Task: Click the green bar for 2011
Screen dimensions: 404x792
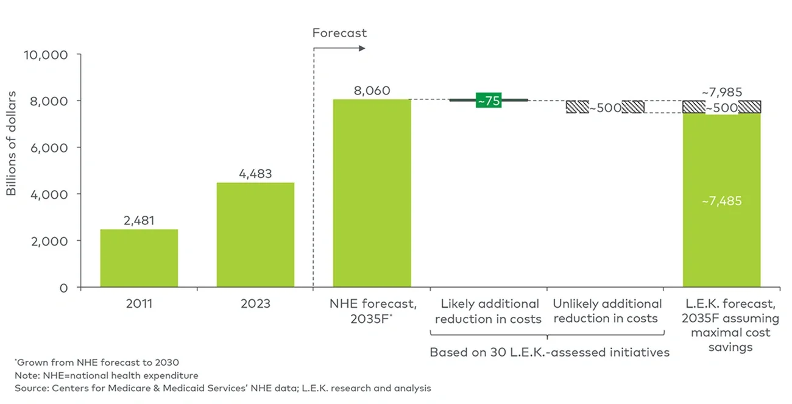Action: [139, 258]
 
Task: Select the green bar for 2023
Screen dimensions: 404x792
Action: [255, 235]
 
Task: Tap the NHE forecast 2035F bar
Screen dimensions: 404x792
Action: [372, 193]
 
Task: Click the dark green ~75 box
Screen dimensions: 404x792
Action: [489, 101]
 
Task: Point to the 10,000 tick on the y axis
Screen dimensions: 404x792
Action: [45, 54]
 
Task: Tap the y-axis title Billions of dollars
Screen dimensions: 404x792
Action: [12, 144]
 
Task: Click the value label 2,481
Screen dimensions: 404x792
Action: [139, 221]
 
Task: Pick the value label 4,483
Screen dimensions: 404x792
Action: [255, 174]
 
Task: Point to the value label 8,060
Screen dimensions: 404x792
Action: [372, 90]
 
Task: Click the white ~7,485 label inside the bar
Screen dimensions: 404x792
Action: [721, 200]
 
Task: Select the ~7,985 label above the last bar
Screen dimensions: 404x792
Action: [721, 92]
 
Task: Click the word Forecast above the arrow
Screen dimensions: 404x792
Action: [339, 33]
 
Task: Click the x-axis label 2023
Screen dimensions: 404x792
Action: [255, 303]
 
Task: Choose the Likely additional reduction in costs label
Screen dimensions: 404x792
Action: [490, 311]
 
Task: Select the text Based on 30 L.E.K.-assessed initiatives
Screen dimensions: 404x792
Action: [549, 352]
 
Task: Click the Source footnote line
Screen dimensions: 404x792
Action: [222, 388]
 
